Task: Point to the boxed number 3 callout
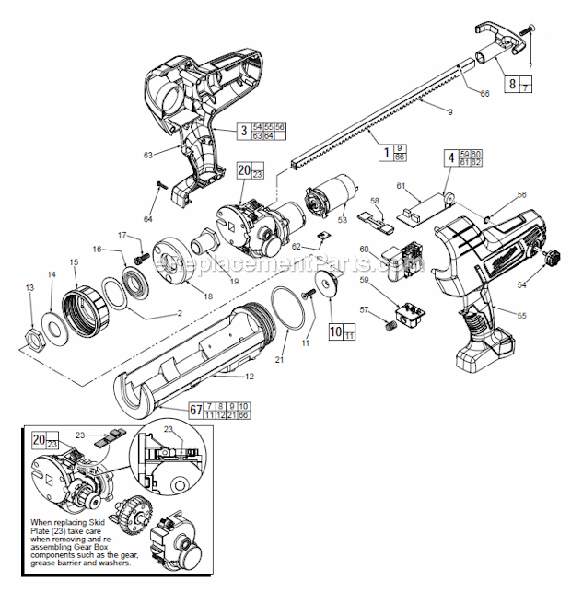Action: pos(243,131)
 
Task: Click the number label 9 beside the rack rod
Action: pos(425,111)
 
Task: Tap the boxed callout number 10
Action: pos(335,331)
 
